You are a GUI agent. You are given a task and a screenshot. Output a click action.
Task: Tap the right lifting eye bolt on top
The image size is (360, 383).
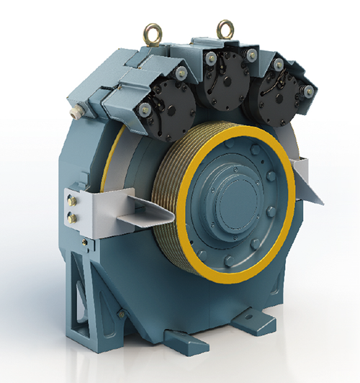coord(223,30)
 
